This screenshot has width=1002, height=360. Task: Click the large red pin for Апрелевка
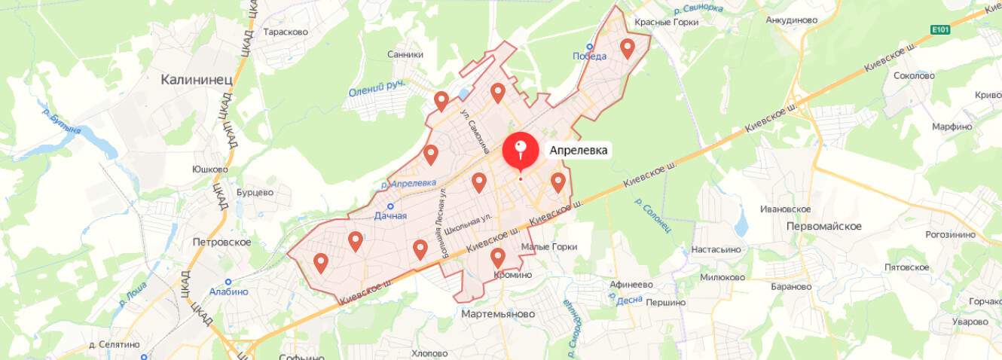tap(520, 150)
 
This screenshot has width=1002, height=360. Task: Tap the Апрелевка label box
tap(578, 150)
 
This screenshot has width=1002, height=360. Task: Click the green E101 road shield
tap(939, 29)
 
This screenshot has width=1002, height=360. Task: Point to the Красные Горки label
tap(666, 22)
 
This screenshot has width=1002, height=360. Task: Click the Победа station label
tap(589, 56)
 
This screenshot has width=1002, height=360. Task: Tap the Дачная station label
tap(390, 215)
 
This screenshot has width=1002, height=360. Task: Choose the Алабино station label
tap(228, 291)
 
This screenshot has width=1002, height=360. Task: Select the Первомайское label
tap(823, 226)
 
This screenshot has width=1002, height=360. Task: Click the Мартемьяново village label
tap(498, 313)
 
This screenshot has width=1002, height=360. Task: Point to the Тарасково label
tap(286, 32)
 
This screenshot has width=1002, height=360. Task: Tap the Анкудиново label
tap(791, 20)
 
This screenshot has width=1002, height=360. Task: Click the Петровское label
tap(221, 242)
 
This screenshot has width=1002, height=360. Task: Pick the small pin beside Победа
tap(627, 49)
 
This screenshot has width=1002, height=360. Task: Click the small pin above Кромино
tap(497, 258)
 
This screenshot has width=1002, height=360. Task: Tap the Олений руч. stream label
tap(377, 88)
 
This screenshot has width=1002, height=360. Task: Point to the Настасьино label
tap(716, 249)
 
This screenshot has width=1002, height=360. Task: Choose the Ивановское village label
tap(785, 209)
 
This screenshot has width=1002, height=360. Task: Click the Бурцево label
tap(255, 192)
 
